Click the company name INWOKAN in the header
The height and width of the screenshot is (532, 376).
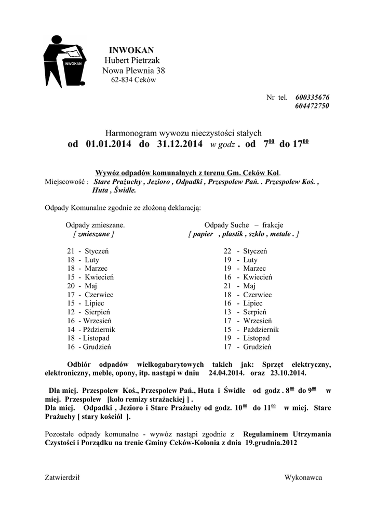click(131, 50)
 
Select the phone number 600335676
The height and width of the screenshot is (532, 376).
click(312, 97)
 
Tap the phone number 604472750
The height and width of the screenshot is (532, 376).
click(312, 106)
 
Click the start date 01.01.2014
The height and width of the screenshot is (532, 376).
click(106, 144)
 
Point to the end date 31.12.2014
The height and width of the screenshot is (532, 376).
click(179, 144)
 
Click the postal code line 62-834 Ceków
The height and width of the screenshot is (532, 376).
click(133, 80)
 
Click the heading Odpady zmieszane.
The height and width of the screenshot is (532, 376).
click(95, 225)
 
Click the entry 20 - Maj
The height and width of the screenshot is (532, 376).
click(82, 286)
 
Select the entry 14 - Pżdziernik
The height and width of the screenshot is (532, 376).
click(91, 329)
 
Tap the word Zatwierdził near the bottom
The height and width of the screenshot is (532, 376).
click(62, 477)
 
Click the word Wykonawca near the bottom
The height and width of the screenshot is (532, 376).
click(303, 477)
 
